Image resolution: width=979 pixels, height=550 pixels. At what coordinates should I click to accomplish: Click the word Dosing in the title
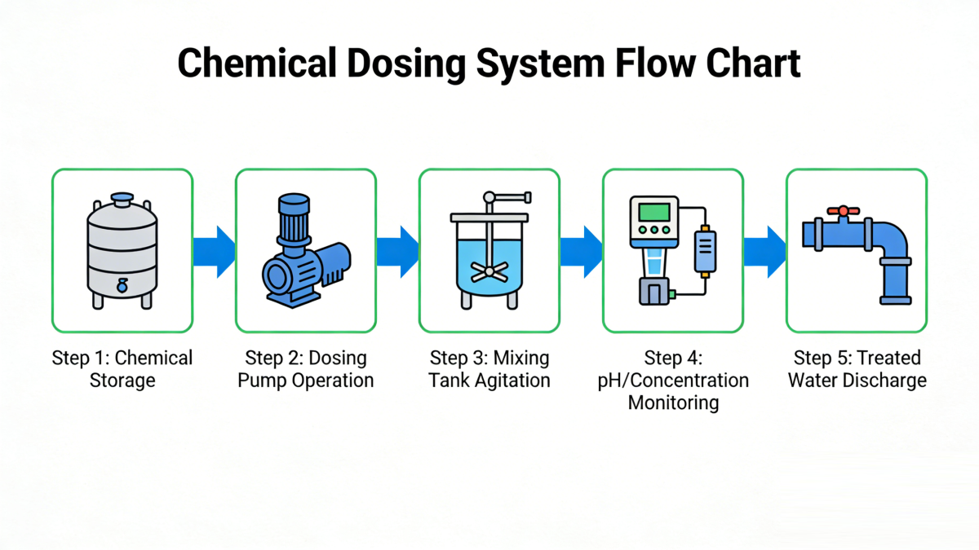[406, 64]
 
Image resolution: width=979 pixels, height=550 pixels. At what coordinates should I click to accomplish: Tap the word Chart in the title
[753, 63]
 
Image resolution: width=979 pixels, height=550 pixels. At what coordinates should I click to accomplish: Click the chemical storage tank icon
[122, 251]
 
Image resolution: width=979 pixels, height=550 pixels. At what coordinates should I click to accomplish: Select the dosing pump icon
[307, 251]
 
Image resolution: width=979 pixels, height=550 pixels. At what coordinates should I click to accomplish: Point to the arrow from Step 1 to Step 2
[214, 252]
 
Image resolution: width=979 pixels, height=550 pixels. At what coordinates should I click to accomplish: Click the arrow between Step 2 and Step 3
[398, 252]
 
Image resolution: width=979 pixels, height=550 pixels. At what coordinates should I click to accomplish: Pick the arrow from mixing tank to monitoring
[581, 252]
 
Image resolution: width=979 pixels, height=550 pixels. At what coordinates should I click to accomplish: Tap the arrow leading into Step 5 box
[765, 252]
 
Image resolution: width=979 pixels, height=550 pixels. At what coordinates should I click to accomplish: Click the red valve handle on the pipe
[843, 211]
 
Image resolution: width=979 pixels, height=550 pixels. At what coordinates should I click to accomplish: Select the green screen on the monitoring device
[654, 213]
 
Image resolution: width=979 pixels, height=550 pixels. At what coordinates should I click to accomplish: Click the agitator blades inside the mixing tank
[489, 272]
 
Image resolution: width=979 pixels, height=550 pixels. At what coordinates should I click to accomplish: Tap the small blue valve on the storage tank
[122, 286]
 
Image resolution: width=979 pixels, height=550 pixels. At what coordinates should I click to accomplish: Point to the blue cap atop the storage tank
[122, 200]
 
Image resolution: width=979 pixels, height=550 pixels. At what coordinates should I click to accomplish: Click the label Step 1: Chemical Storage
[122, 369]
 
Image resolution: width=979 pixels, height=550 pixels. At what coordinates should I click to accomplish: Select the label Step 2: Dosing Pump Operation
[306, 369]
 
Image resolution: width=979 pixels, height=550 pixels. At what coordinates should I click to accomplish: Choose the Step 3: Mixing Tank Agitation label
[489, 369]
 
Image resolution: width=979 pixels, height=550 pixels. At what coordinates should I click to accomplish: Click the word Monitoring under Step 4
[673, 403]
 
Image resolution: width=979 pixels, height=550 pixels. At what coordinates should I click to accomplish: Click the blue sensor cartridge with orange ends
[705, 252]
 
